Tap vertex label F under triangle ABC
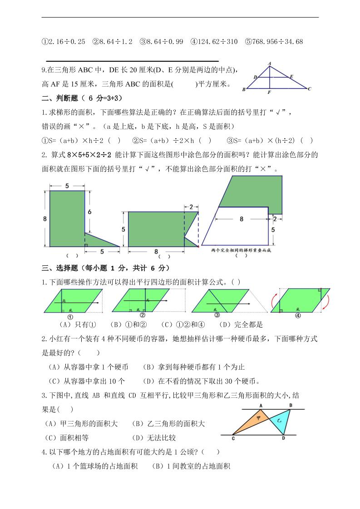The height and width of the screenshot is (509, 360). tap(269, 93)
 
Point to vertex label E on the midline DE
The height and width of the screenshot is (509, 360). tap(291, 77)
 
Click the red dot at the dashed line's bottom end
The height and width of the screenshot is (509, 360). tap(198, 246)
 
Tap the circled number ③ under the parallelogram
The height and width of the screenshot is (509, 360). tap(217, 315)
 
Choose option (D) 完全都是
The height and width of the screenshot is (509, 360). tap(241, 325)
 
